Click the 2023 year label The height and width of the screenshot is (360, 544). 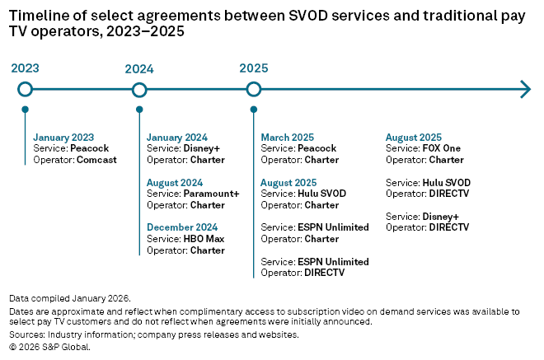pos(25,69)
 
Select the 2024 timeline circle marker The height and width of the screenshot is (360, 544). pos(139,89)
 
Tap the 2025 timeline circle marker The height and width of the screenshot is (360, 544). pos(254,89)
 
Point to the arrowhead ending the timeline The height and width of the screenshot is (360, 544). pos(525,89)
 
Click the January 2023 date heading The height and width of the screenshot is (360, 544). pos(63,138)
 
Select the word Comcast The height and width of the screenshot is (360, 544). pos(96,159)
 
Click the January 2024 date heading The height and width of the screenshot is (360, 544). pos(176,138)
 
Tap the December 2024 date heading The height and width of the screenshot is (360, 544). pos(182,227)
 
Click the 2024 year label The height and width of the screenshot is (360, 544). pos(139,69)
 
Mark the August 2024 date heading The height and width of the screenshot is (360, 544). pos(175,183)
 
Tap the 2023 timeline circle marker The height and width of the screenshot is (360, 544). pos(25,89)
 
